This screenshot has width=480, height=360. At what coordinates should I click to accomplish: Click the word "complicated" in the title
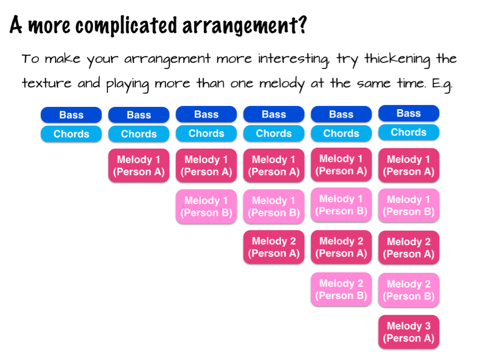[126, 26]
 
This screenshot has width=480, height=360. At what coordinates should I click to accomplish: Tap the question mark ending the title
[302, 25]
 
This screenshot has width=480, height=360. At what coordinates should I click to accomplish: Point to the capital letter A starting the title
[16, 24]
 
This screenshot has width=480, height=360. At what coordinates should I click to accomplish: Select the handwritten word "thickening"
[397, 59]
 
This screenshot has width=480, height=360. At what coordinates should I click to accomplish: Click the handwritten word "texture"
[47, 83]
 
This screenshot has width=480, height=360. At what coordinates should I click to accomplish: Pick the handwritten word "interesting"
[293, 59]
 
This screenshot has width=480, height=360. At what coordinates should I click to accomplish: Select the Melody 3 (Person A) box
[409, 332]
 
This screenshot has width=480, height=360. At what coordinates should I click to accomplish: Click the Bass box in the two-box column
[71, 115]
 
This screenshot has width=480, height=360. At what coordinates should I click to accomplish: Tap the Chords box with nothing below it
[71, 134]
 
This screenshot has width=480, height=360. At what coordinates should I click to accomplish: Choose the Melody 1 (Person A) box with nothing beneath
[139, 166]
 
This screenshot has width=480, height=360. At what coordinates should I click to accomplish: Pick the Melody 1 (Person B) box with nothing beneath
[207, 206]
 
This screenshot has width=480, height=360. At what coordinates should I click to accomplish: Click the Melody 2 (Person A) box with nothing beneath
[273, 247]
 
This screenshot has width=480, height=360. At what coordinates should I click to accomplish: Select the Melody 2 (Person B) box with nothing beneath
[341, 289]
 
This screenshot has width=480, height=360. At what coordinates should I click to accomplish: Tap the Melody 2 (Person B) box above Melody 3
[409, 290]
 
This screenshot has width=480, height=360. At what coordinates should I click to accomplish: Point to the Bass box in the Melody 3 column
[409, 113]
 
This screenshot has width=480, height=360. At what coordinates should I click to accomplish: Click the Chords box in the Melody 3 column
[409, 132]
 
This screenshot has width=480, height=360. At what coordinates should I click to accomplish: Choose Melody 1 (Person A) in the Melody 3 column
[409, 165]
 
